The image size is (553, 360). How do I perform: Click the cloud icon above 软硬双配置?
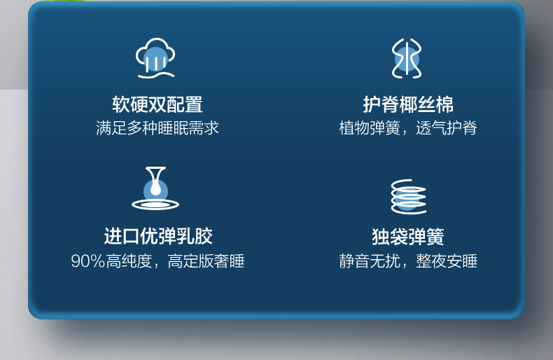155,58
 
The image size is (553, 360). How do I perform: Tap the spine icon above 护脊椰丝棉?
407,58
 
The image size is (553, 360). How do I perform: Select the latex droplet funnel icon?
155,188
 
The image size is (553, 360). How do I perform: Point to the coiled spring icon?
408,196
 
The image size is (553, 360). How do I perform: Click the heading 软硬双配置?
157,104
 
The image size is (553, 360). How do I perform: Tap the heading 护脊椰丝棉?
408,104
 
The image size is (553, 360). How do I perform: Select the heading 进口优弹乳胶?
158,236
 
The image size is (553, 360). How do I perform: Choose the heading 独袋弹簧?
408,237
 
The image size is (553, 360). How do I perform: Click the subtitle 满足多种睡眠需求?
157,127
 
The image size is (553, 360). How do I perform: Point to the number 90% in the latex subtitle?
88,261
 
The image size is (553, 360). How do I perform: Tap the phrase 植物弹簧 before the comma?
370,127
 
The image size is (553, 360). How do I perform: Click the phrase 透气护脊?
447,127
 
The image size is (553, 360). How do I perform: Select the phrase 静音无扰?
370,261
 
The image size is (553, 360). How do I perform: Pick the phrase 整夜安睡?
447,261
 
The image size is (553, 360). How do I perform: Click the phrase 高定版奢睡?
206,261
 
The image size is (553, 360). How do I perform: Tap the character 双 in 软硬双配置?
157,104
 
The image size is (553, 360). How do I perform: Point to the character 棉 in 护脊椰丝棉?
444,104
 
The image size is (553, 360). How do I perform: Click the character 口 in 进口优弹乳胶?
131,237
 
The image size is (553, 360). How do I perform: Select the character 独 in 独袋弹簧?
381,237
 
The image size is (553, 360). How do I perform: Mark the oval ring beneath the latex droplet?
155,209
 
